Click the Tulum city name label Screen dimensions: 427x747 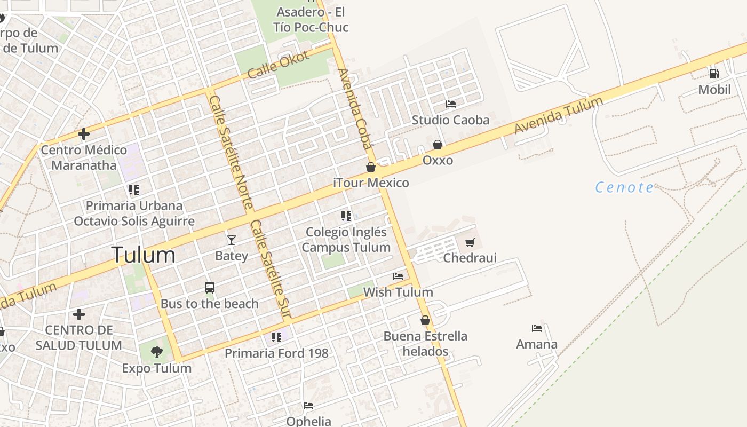143,255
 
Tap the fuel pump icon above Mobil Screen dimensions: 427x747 714,74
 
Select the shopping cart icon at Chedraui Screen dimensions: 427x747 470,243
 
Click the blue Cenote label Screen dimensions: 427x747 624,187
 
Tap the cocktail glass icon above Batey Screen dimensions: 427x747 231,240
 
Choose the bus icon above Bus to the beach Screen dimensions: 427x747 210,288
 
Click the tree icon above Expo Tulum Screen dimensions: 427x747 156,352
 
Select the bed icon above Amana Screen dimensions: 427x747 537,328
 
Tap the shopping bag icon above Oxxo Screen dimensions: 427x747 438,145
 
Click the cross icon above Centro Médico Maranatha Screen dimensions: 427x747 84,133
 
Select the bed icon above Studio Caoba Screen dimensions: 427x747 451,104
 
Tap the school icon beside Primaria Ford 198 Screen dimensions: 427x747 276,337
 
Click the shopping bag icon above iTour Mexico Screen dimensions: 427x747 371,167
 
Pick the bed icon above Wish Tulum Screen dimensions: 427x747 398,276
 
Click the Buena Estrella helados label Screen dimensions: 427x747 425,344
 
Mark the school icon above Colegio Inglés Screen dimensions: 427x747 346,216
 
